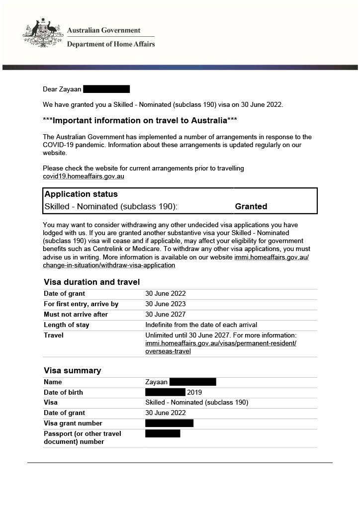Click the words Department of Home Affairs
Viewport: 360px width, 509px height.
[111, 44]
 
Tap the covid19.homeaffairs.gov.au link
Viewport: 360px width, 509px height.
[83, 176]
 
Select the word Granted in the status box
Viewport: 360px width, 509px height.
[251, 206]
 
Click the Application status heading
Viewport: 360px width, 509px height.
[81, 194]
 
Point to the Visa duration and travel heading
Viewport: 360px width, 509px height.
[91, 282]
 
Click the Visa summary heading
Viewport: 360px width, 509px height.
[72, 370]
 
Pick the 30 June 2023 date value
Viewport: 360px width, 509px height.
[166, 304]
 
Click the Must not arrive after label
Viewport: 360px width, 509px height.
[76, 314]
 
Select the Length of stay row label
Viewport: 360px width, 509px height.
[67, 325]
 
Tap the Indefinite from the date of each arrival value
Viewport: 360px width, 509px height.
[201, 325]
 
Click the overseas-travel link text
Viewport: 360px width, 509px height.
[168, 351]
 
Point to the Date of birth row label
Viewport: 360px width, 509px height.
[63, 392]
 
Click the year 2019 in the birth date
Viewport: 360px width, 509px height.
[194, 392]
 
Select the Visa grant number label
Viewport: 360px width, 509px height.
[73, 423]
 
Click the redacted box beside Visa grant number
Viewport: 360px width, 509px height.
[169, 423]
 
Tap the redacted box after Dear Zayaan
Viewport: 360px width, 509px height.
[106, 89]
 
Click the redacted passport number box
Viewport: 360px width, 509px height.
[163, 433]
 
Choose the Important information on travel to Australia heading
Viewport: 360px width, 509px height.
[140, 121]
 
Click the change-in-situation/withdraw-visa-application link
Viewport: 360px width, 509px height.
[109, 265]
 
